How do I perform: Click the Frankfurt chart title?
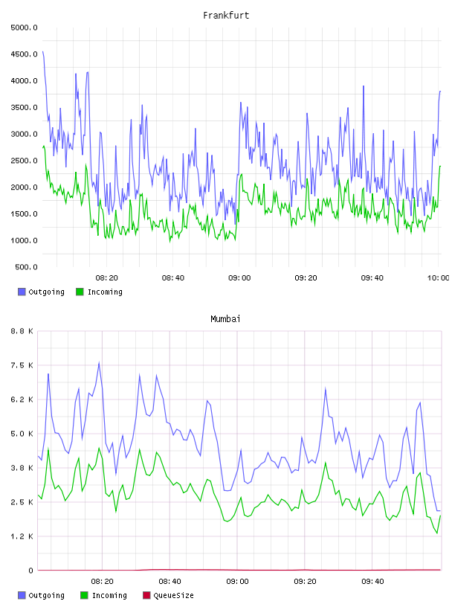pyautogui.click(x=226, y=16)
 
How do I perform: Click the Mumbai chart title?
pyautogui.click(x=225, y=319)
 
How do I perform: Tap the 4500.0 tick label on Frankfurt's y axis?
pyautogui.click(x=25, y=54)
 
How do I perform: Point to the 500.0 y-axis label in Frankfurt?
pyautogui.click(x=26, y=267)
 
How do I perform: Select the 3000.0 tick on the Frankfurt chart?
pyautogui.click(x=25, y=135)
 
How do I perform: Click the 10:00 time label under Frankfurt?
pyautogui.click(x=438, y=278)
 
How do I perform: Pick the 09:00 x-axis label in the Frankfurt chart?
pyautogui.click(x=239, y=278)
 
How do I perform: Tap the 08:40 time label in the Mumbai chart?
pyautogui.click(x=170, y=582)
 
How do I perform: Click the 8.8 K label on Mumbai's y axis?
pyautogui.click(x=22, y=331)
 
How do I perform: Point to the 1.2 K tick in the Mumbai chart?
pyautogui.click(x=22, y=536)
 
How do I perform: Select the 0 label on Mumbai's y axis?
pyautogui.click(x=31, y=571)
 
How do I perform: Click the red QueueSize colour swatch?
pyautogui.click(x=146, y=595)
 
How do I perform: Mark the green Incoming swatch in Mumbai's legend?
pyautogui.click(x=84, y=595)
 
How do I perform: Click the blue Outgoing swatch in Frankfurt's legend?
pyautogui.click(x=22, y=292)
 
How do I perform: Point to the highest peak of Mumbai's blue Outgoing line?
pyautogui.click(x=99, y=363)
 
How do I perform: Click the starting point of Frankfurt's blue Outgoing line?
pyautogui.click(x=42, y=51)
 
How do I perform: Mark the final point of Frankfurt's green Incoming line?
pyautogui.click(x=440, y=166)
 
